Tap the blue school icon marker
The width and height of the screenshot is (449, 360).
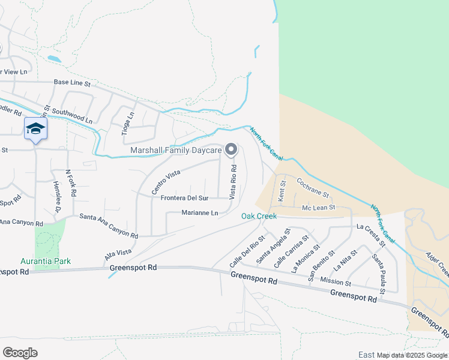[35, 129]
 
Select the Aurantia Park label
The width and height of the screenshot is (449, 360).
[46, 261]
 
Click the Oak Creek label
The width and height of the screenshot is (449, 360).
[259, 216]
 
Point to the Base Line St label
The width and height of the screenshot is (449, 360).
[71, 83]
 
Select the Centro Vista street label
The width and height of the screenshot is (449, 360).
[166, 182]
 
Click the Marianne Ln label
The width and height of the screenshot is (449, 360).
[200, 213]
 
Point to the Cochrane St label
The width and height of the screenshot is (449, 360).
[313, 187]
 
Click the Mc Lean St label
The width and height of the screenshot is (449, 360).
[318, 208]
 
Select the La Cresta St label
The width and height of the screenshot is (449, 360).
[370, 235]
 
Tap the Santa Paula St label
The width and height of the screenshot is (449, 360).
[379, 270]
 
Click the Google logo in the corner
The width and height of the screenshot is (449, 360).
[20, 352]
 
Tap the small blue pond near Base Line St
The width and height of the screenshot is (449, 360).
[54, 59]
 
